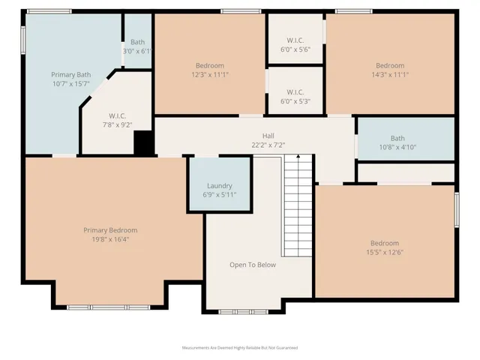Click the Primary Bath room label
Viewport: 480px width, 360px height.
point(71,75)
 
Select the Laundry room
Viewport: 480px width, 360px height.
point(219,185)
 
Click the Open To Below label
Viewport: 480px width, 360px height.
point(252,265)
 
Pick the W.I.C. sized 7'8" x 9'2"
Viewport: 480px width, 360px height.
point(117,120)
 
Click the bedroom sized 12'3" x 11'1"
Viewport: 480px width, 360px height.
point(210,70)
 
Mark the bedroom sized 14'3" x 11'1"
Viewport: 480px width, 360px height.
point(390,70)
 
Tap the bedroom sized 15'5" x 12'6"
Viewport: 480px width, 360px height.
point(385,247)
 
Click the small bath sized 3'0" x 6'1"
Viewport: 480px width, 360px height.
point(137,46)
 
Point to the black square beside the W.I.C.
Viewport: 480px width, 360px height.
point(143,142)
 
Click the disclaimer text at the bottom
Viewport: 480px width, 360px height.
point(240,348)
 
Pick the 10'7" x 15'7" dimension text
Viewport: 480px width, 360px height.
point(70,84)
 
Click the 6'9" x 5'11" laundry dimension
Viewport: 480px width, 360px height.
point(219,195)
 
